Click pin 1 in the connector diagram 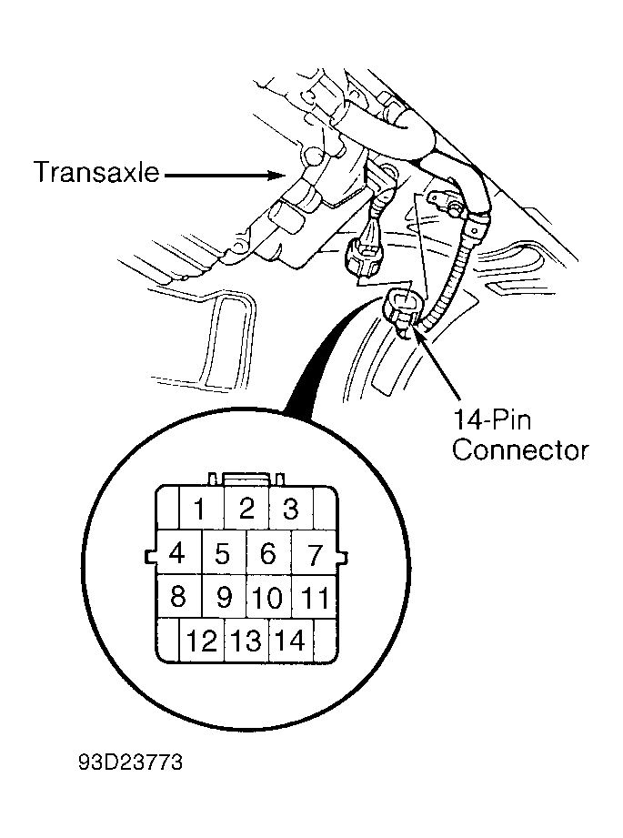point(201,508)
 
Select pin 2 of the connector point(246,508)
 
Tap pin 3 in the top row point(291,508)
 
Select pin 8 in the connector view point(178,597)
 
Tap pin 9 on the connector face point(224,597)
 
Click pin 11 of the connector point(314,597)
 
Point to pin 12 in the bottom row point(201,641)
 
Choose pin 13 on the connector point(246,641)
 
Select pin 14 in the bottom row point(291,641)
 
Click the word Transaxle point(96,172)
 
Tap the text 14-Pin point(492,419)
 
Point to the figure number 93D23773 point(130,762)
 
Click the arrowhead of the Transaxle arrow point(278,175)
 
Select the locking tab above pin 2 point(246,479)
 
